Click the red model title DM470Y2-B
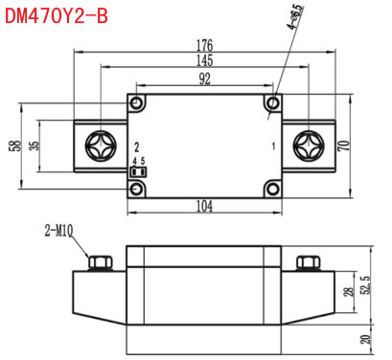[57, 15]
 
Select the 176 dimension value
[204, 45]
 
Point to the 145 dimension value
[204, 60]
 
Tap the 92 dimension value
[205, 79]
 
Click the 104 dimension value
[204, 206]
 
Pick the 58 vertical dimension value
[15, 146]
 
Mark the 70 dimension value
[344, 146]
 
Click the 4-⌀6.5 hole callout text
[296, 16]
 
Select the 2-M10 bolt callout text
[59, 231]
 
